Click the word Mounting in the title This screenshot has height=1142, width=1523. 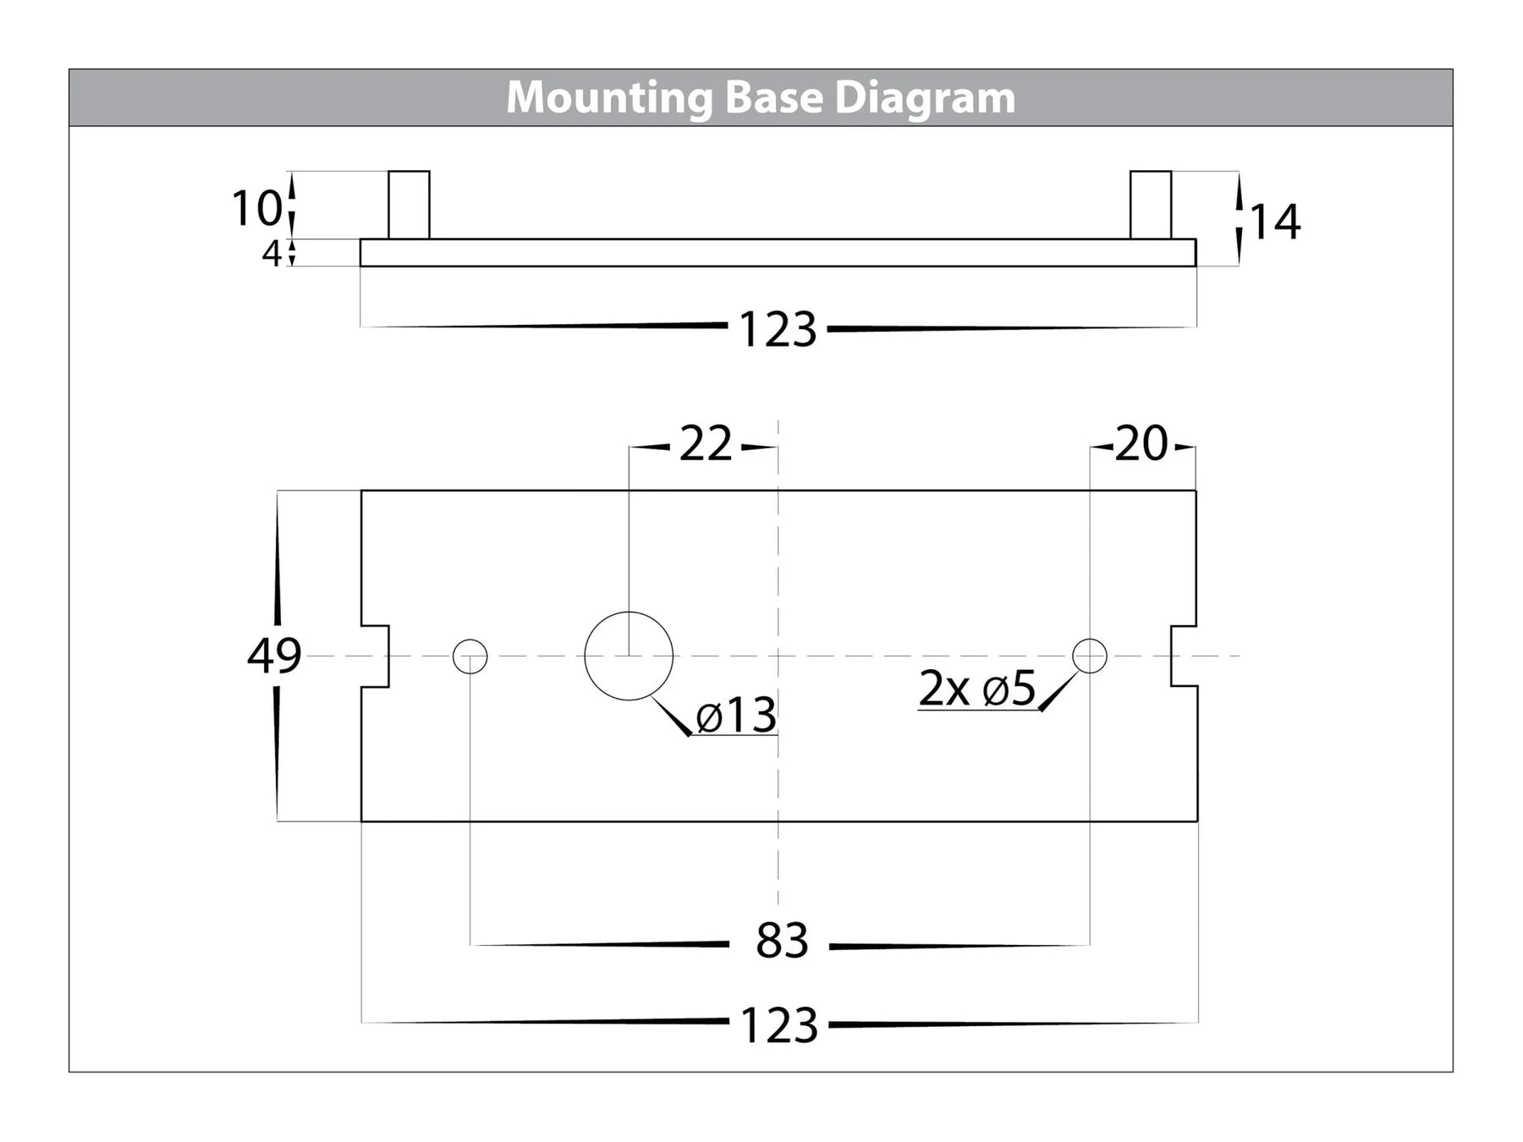point(608,98)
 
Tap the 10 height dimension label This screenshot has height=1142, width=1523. point(256,208)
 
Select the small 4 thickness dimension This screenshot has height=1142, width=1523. point(271,253)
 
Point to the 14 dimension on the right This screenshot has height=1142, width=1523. point(1274,222)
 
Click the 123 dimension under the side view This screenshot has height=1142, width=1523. point(778,329)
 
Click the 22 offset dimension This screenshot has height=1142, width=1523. point(705,444)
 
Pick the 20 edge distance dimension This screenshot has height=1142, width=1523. point(1141,444)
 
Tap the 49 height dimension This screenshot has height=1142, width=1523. point(273,656)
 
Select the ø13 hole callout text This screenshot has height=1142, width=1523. point(735,716)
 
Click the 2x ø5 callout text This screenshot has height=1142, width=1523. point(976,689)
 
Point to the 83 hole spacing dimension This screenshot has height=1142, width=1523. point(782,942)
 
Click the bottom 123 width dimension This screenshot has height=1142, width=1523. point(778,1025)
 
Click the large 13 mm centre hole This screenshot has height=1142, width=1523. point(629,656)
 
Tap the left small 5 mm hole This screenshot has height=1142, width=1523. point(470,656)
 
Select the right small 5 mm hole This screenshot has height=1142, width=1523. point(1090,656)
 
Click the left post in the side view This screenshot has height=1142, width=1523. point(409,205)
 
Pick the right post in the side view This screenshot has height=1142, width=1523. point(1151,205)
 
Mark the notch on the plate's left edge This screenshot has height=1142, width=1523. point(377,656)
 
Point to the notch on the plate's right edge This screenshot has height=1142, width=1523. point(1183,656)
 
